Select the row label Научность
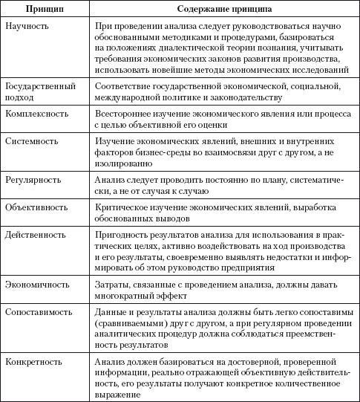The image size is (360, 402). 27,26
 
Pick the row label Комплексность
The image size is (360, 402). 36,114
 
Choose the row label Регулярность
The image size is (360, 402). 33,181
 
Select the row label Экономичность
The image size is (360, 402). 37,284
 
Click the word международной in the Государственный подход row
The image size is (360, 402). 131,97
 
